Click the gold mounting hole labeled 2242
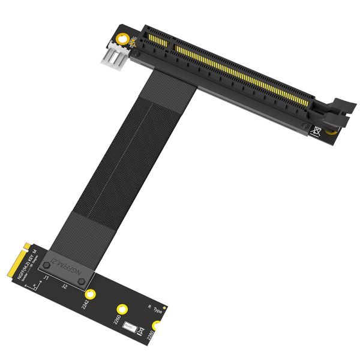[x=91, y=294]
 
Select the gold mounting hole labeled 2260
[x=123, y=307]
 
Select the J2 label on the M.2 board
[x=65, y=287]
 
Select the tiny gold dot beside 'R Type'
[x=166, y=310]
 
